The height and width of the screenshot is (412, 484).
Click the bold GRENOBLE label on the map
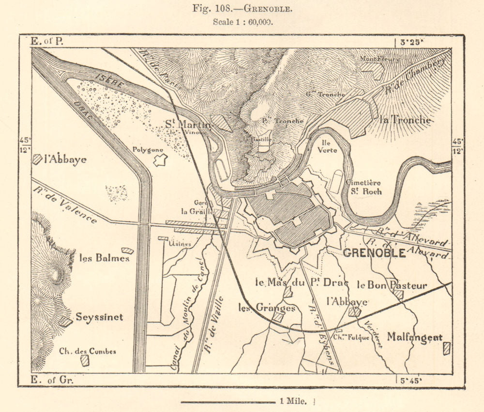pyautogui.click(x=374, y=253)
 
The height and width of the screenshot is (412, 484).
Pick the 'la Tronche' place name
pyautogui.click(x=406, y=120)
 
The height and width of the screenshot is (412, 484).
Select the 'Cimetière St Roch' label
pyautogui.click(x=363, y=187)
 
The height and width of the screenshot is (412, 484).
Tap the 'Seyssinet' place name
pyautogui.click(x=99, y=317)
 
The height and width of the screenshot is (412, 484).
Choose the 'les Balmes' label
pyautogui.click(x=97, y=258)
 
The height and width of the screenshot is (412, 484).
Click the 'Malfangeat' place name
pyautogui.click(x=415, y=338)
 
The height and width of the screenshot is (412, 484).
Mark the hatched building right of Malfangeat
pyautogui.click(x=447, y=348)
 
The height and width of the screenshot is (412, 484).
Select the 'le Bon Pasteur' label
pyautogui.click(x=393, y=285)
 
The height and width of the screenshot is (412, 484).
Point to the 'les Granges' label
pyautogui.click(x=267, y=308)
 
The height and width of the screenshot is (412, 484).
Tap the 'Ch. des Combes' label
pyautogui.click(x=87, y=351)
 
